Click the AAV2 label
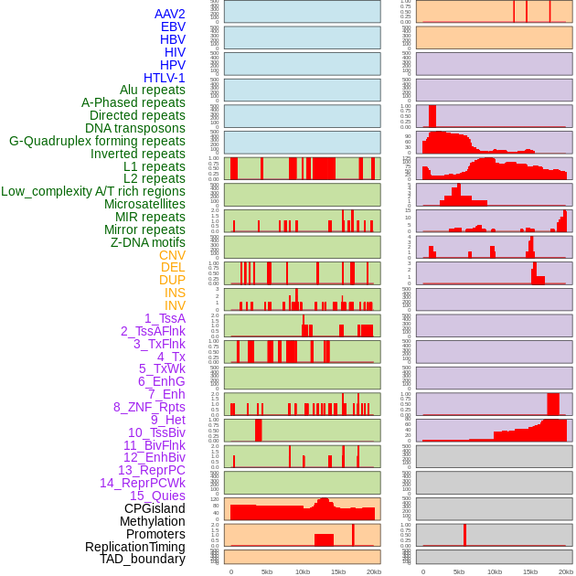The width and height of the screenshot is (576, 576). tap(169, 14)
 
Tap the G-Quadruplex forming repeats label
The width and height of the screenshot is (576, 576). tap(97, 141)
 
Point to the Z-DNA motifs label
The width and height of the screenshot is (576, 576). tap(147, 242)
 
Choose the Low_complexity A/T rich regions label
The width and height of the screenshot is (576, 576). tap(93, 191)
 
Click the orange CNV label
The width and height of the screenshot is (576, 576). tap(172, 255)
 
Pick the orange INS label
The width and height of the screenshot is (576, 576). tap(175, 293)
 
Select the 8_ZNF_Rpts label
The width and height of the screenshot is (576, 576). tap(149, 407)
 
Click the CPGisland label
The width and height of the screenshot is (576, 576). tap(155, 508)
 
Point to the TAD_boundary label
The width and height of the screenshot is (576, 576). tap(142, 559)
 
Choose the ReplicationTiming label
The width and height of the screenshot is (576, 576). tap(134, 547)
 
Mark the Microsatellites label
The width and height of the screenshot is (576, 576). tap(144, 204)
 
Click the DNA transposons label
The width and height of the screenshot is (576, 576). tap(135, 128)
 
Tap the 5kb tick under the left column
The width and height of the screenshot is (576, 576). tap(267, 571)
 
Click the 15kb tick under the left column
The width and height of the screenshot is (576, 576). tap(338, 571)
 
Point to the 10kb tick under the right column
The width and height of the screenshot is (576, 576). tap(495, 571)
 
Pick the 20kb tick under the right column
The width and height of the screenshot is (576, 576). tap(566, 571)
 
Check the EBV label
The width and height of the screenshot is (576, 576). tap(173, 27)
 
